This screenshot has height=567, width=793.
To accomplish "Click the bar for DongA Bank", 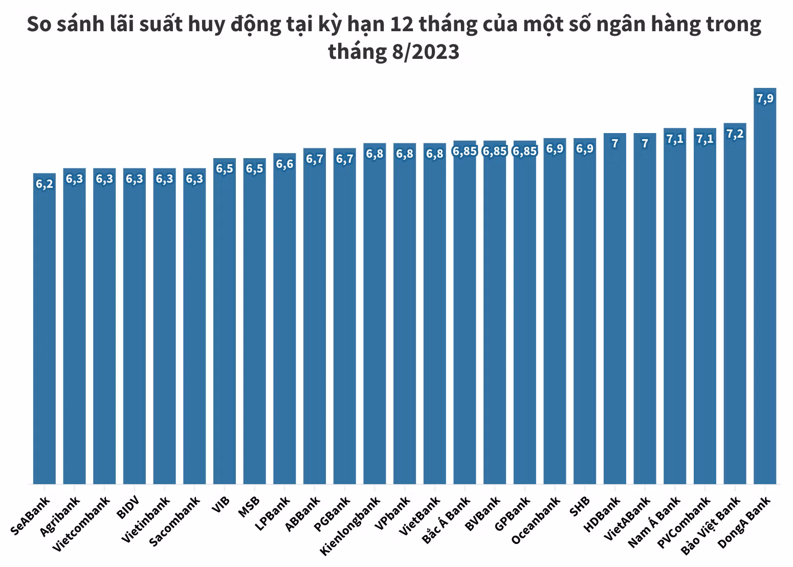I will click(765, 287).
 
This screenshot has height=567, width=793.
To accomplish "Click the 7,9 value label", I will click(765, 99).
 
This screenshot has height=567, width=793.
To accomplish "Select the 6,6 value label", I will click(284, 164).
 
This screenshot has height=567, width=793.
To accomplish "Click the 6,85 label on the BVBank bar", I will click(495, 151).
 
